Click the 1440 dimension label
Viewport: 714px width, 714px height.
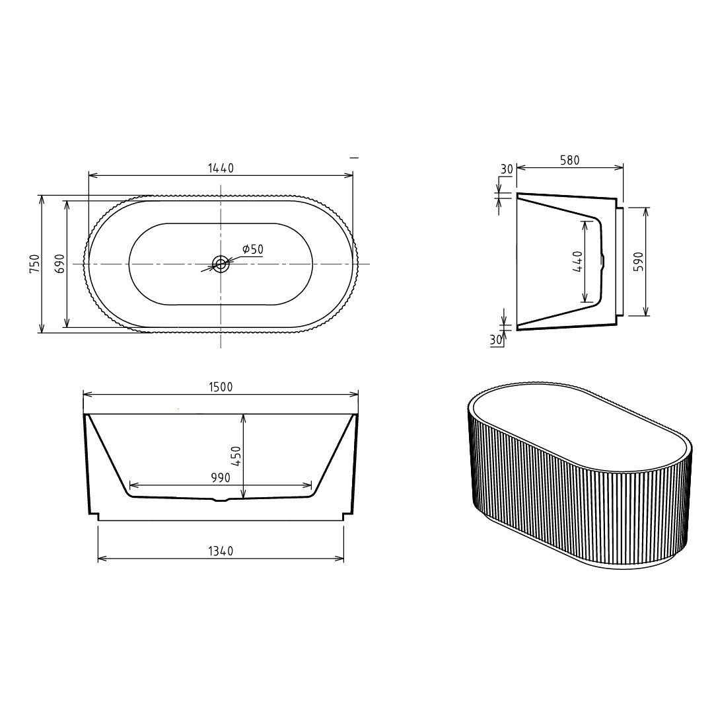pos(221,168)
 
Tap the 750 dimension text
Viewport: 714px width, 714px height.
pos(34,264)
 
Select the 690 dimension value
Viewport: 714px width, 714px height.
pos(59,264)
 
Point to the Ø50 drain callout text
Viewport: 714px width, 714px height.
pos(253,249)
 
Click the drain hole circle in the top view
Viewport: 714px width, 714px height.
pos(221,263)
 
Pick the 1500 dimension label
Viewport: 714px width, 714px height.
pos(221,387)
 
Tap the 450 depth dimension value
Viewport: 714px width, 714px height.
pos(236,456)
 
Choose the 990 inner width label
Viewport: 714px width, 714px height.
pos(221,477)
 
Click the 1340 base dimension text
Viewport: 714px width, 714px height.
pos(221,551)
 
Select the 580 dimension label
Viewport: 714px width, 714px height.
pos(569,161)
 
